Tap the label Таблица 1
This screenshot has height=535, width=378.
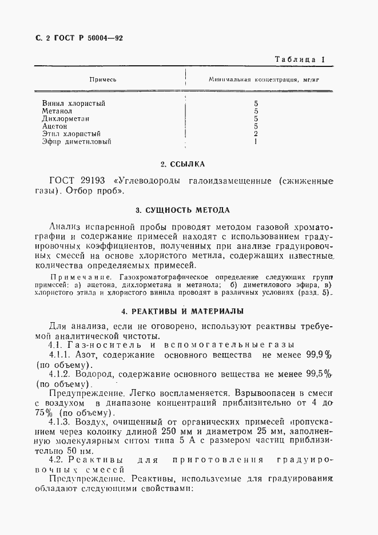[x=300, y=59]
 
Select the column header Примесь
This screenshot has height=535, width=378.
[x=104, y=80]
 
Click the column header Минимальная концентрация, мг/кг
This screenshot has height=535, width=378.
[x=264, y=80]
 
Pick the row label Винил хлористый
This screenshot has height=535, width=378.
[x=74, y=104]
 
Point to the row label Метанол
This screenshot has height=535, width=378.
[x=57, y=111]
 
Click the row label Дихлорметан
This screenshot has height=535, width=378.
[x=63, y=118]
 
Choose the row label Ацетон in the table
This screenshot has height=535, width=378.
[x=55, y=126]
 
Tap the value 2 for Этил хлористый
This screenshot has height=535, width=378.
[x=256, y=133]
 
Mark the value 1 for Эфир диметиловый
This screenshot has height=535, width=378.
[x=256, y=141]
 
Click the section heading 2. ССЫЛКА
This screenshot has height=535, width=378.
[x=182, y=165]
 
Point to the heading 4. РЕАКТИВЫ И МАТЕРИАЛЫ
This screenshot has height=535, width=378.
[x=183, y=311]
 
